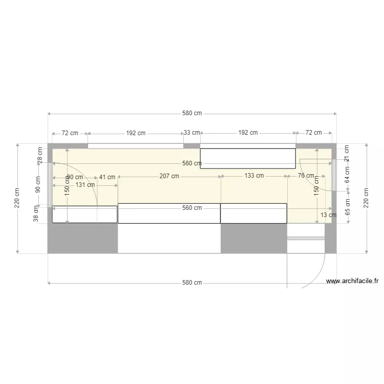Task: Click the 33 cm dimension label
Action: coord(192,133)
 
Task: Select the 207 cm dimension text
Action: coord(169,176)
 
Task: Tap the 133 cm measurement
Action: coord(253,176)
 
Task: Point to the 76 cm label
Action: coord(306,176)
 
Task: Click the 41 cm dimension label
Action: coord(107,177)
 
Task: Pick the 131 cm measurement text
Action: coord(85,185)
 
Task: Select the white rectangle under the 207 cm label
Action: coord(169,214)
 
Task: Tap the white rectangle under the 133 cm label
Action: coord(253,214)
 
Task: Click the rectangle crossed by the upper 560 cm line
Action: coord(248,158)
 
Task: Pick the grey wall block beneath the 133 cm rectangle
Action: coord(253,239)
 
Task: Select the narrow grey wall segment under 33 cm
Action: coord(192,146)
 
